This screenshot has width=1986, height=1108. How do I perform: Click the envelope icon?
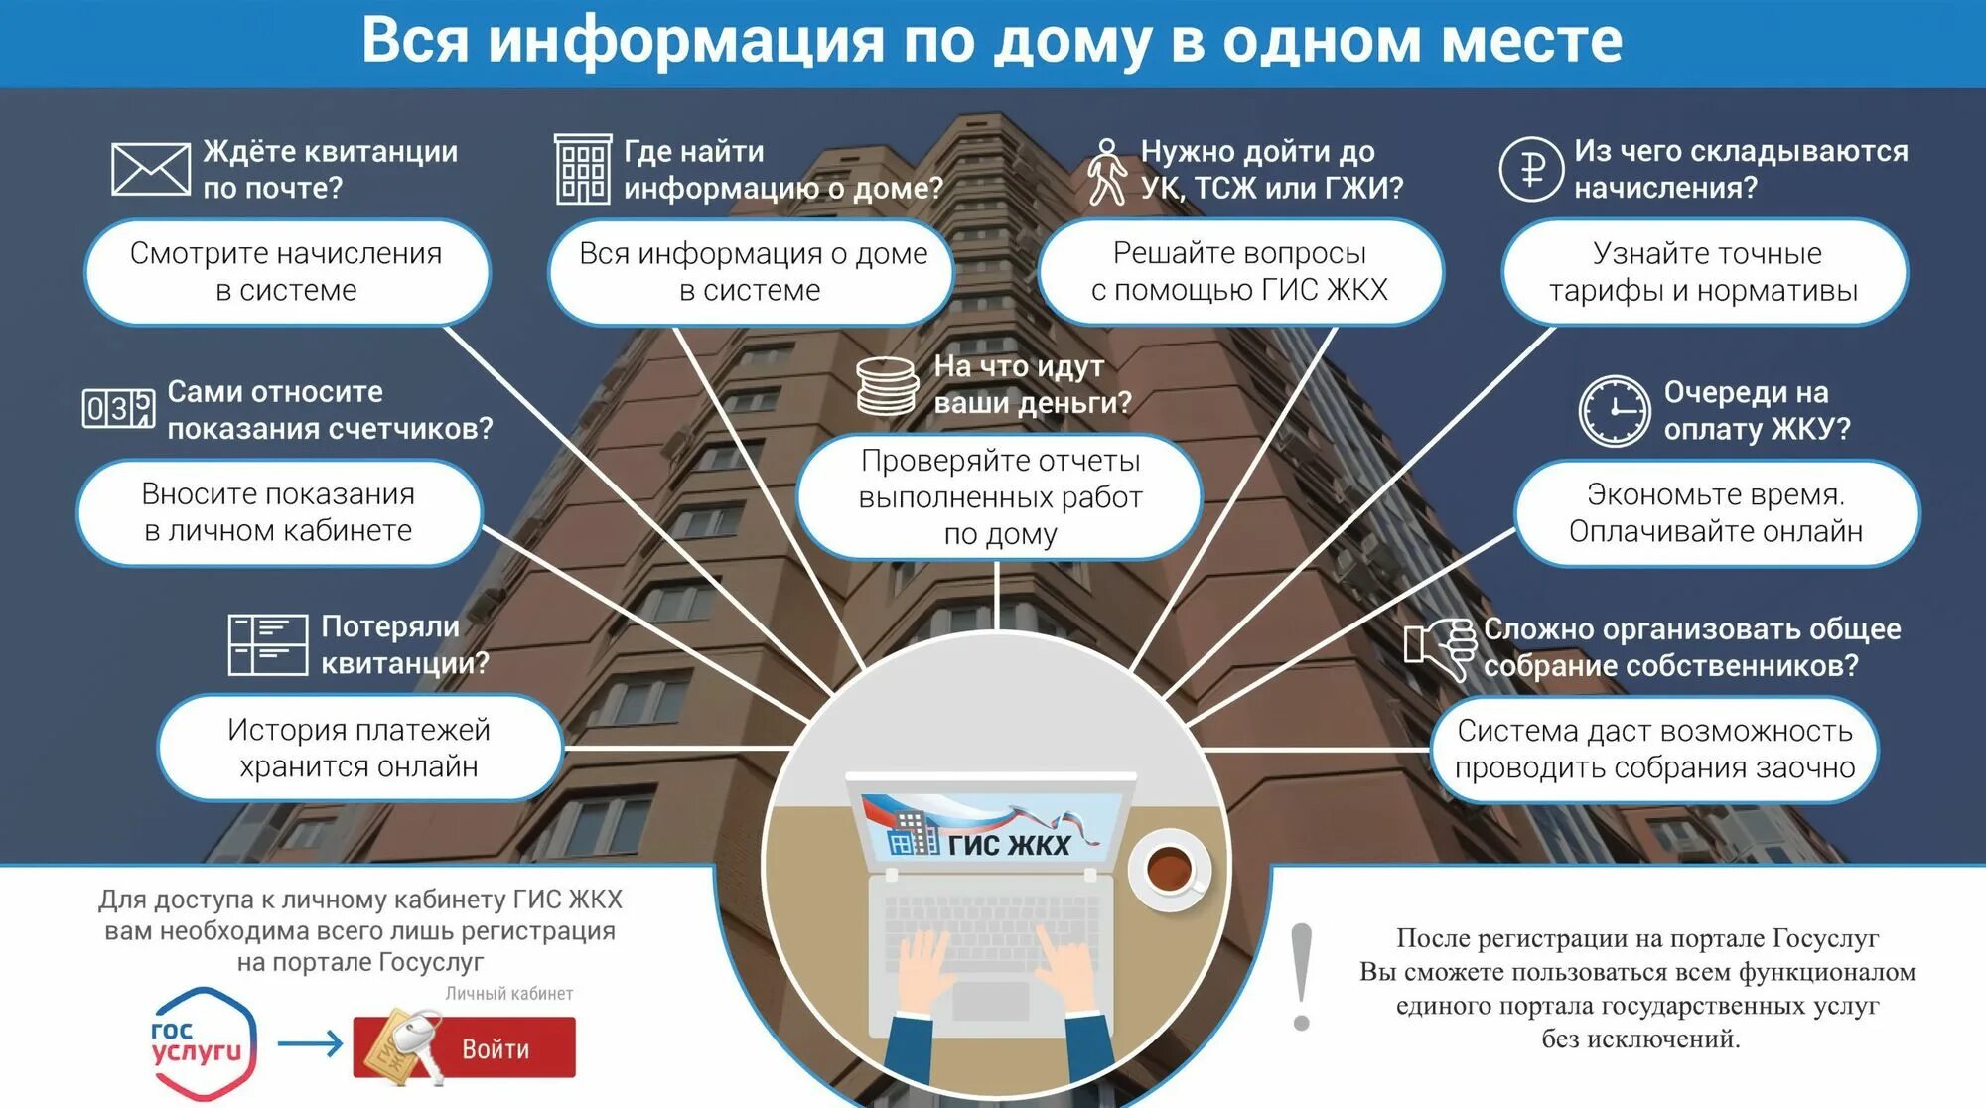(150, 169)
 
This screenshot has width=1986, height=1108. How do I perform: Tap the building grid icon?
(582, 170)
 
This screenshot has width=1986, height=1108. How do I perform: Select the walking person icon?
(1106, 172)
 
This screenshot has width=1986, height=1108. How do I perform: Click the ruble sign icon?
(1531, 169)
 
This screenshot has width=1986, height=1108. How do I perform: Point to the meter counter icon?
(118, 408)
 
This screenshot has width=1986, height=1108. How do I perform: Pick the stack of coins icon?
(887, 386)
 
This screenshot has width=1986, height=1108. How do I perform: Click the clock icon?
(1615, 410)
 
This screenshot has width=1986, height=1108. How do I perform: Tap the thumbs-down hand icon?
(1441, 646)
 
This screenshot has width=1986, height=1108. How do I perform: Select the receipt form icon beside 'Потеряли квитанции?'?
(267, 645)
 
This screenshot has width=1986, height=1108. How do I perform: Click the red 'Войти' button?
(496, 1048)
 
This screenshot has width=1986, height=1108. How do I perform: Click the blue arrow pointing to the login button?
(310, 1043)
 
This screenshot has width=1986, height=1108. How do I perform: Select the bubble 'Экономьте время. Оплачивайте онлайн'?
(1715, 513)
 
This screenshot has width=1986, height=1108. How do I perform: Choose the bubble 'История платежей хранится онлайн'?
(359, 748)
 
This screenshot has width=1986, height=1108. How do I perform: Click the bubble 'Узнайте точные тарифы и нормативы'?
(1704, 272)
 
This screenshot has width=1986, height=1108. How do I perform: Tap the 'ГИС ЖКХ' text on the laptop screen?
(1009, 845)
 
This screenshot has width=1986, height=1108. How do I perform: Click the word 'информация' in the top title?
(685, 42)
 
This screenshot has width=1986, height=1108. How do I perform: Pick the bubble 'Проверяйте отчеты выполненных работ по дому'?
(1000, 497)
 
